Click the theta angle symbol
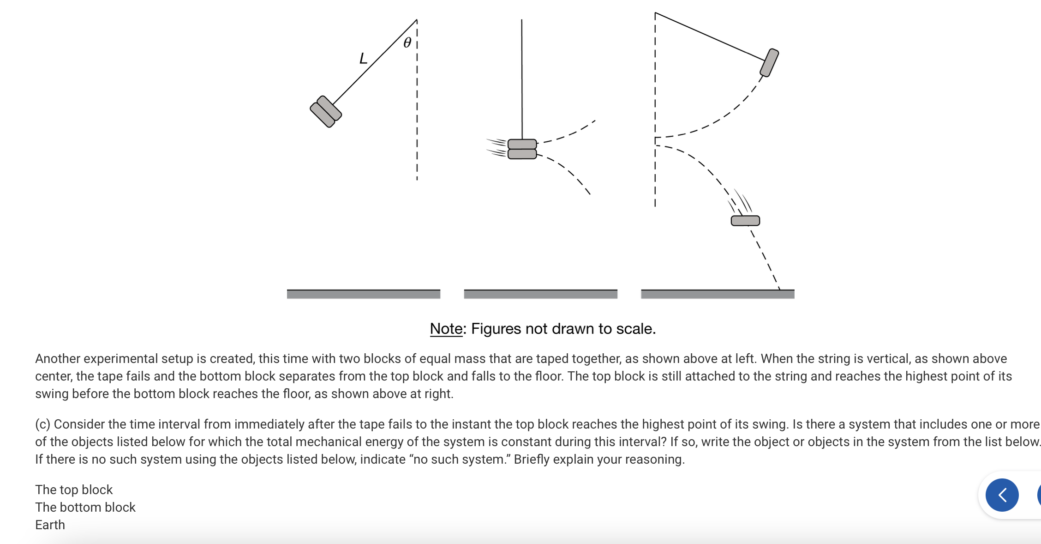click(407, 43)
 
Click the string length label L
click(363, 59)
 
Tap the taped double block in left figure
click(326, 111)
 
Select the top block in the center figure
click(522, 144)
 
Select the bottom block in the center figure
click(522, 154)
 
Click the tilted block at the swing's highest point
click(769, 62)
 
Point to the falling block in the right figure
click(745, 221)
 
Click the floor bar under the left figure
click(363, 294)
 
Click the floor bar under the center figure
click(540, 294)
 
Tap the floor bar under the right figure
click(718, 294)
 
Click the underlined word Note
click(446, 329)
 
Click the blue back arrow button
click(1002, 495)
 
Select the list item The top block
click(74, 490)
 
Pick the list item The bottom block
click(85, 507)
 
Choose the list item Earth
click(50, 525)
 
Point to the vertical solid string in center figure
click(522, 79)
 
